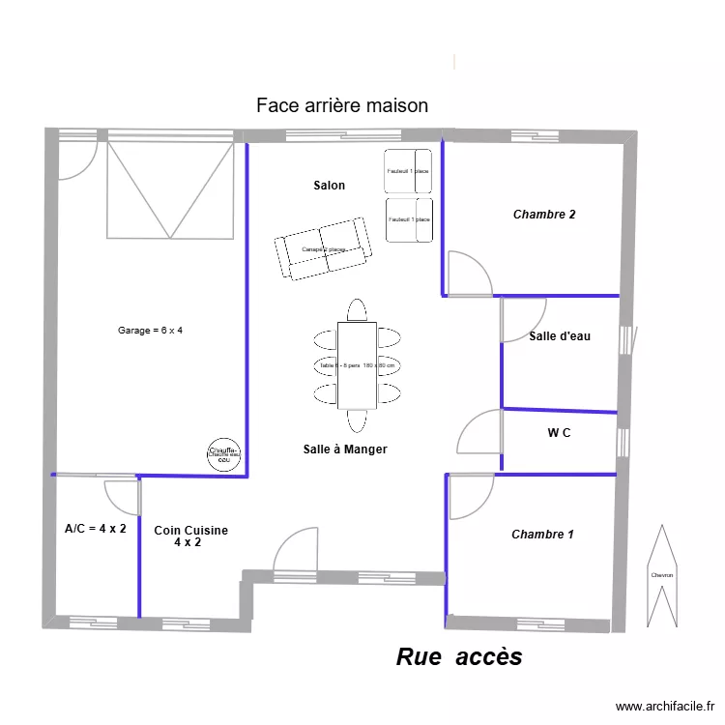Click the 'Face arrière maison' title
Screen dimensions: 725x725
point(341,105)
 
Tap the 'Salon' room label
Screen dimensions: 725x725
point(329,186)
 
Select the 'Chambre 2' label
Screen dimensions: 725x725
point(544,215)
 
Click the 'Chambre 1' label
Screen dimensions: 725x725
point(542,535)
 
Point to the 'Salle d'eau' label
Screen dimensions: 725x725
point(560,336)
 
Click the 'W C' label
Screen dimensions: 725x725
point(559,433)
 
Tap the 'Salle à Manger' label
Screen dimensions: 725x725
point(345,449)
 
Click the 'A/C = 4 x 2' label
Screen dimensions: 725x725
point(95,529)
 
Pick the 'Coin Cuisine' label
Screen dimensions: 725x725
point(190,531)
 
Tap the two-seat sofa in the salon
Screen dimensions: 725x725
point(322,248)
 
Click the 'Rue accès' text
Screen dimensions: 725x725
point(459,657)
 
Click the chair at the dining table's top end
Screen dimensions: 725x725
point(356,309)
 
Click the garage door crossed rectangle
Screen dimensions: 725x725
point(170,189)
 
